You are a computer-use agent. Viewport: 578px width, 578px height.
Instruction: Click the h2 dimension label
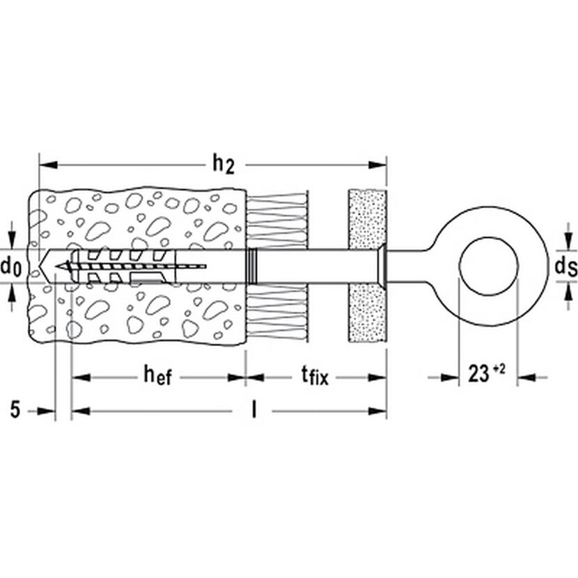[x=224, y=165]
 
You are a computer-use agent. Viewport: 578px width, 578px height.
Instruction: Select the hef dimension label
[x=158, y=376]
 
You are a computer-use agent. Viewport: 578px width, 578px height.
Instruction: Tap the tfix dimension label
[x=315, y=376]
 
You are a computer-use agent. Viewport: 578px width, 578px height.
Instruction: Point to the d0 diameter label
[x=10, y=267]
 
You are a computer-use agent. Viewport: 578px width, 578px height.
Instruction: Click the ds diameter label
[x=566, y=266]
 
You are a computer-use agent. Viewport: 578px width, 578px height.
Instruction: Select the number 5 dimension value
[x=15, y=409]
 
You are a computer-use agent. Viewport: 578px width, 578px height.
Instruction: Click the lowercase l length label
[x=253, y=409]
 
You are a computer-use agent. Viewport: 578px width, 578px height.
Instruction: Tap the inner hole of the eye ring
[x=488, y=266]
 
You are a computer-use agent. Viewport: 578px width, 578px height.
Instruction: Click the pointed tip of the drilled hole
[x=40, y=267]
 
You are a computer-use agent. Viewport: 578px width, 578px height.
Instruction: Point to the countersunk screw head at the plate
[x=381, y=266]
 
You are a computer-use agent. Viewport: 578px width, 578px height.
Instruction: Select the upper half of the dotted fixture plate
[x=367, y=219]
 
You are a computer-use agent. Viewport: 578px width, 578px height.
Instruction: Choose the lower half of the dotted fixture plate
[x=367, y=313]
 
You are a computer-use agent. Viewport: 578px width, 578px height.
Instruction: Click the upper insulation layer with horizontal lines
[x=276, y=221]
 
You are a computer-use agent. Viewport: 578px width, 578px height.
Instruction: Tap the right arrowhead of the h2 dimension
[x=377, y=165]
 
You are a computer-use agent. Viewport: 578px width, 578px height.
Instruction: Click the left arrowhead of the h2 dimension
[x=48, y=165]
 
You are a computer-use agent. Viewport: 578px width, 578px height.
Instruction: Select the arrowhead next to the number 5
[x=46, y=411]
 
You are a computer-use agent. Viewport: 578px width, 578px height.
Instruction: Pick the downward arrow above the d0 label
[x=13, y=235]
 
